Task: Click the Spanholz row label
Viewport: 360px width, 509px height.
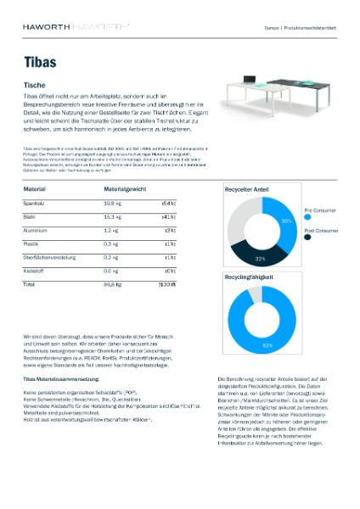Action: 35,204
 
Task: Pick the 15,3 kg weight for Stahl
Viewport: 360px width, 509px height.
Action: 111,217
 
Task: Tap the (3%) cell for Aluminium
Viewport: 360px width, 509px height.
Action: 170,230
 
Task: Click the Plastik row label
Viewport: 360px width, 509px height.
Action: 31,243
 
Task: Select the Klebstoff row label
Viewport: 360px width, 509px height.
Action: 34,269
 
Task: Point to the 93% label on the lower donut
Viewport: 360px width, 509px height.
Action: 266,345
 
